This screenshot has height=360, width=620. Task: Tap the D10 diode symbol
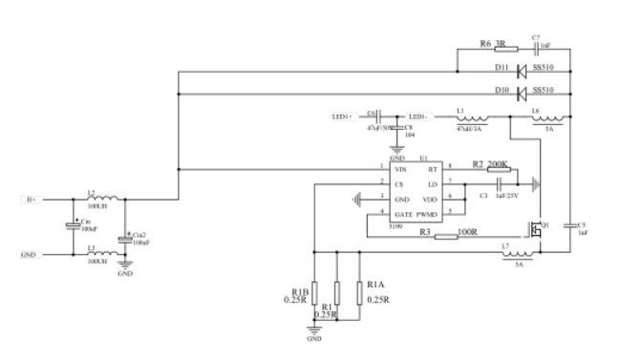point(522,93)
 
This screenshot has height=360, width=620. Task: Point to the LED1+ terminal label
point(342,117)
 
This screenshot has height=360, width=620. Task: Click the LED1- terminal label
point(418,117)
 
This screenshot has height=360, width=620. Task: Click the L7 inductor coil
point(519,253)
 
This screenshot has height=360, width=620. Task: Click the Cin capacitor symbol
point(72,226)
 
